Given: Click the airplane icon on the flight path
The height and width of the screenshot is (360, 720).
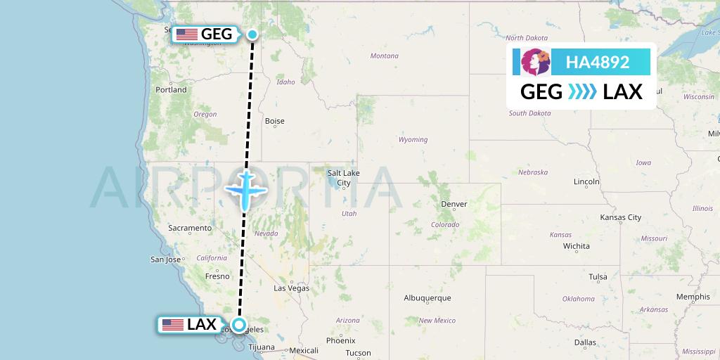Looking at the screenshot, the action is (245, 188).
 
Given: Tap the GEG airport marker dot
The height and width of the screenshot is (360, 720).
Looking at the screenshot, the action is (252, 34).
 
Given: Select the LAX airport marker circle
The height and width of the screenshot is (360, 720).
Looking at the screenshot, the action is (240, 325).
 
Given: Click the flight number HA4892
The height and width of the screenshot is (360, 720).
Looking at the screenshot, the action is (598, 62).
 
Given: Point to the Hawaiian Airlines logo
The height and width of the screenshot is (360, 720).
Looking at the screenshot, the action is (534, 62).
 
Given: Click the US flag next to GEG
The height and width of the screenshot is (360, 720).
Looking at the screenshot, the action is (186, 34).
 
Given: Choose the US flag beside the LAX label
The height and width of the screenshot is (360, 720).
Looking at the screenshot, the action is (172, 325).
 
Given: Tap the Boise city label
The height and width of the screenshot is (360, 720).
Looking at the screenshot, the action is (274, 121).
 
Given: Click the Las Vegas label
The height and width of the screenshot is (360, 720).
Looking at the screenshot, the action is (291, 288).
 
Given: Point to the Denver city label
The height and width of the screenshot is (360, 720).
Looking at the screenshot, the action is (454, 204).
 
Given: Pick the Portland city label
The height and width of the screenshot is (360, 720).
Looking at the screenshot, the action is (172, 90).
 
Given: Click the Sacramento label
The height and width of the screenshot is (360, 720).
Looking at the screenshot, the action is (190, 228).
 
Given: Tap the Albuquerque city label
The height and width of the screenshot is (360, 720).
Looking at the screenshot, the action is (427, 297).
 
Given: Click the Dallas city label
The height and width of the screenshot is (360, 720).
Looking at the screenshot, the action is (585, 342).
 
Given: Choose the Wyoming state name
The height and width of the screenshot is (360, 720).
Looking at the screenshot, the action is (413, 139).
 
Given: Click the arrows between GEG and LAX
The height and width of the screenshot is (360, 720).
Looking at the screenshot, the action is (581, 91).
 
